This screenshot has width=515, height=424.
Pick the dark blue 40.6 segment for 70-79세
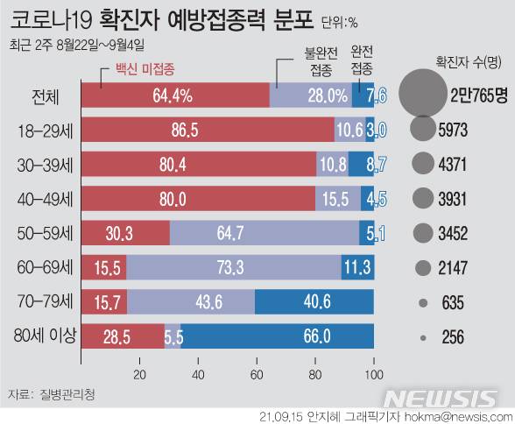click(x=314, y=302)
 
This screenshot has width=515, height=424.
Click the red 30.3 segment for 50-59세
click(x=125, y=233)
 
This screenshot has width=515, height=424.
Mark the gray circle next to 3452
click(x=422, y=233)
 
